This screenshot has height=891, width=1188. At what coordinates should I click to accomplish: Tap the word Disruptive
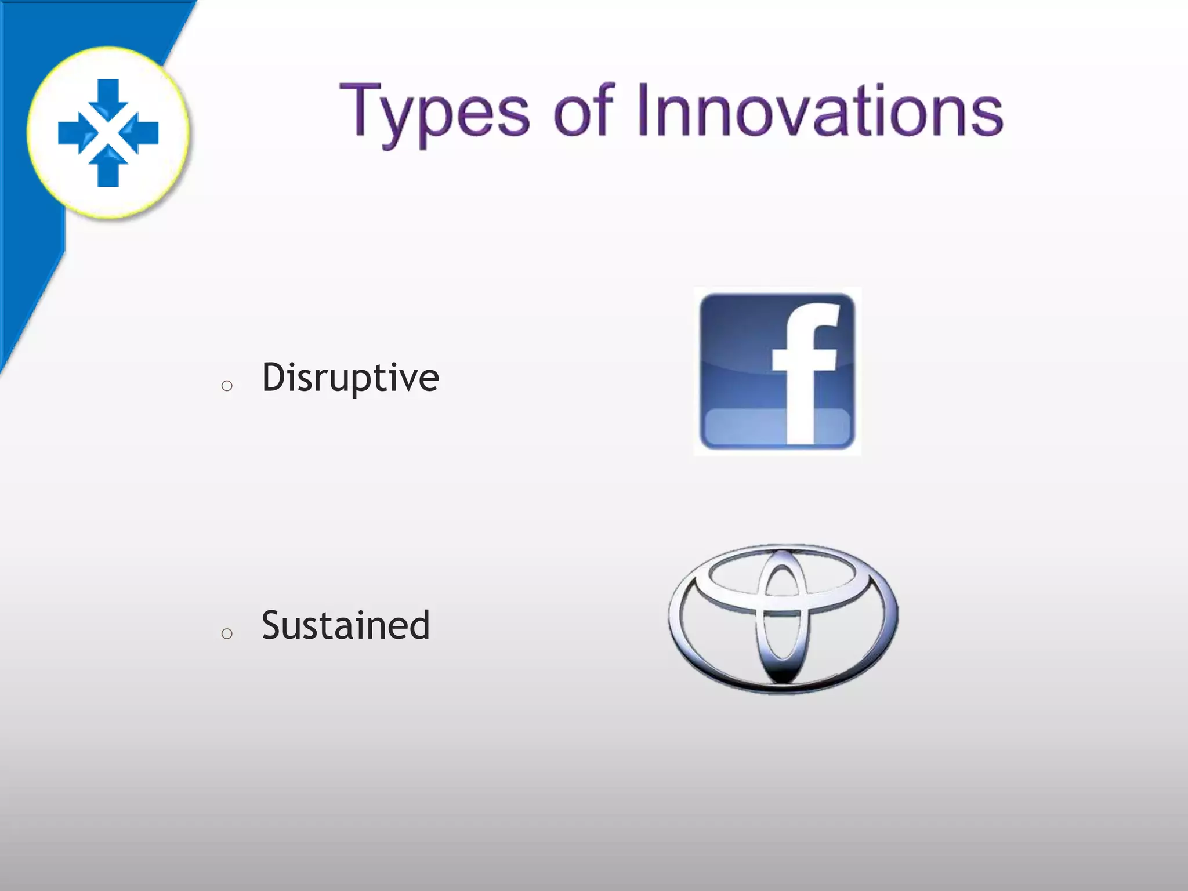tap(350, 378)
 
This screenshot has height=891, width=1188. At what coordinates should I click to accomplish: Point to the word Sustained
tap(346, 625)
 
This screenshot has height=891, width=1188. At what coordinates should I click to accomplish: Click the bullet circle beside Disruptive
tap(227, 386)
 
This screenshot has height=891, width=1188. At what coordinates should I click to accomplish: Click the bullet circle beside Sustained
tap(227, 633)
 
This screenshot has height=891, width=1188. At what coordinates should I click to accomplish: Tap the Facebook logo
tap(777, 371)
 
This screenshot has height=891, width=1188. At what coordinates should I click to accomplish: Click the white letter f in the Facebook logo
tap(803, 371)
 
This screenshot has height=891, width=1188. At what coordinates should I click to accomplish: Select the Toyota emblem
tap(783, 618)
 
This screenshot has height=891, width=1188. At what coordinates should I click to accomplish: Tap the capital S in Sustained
tap(273, 625)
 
